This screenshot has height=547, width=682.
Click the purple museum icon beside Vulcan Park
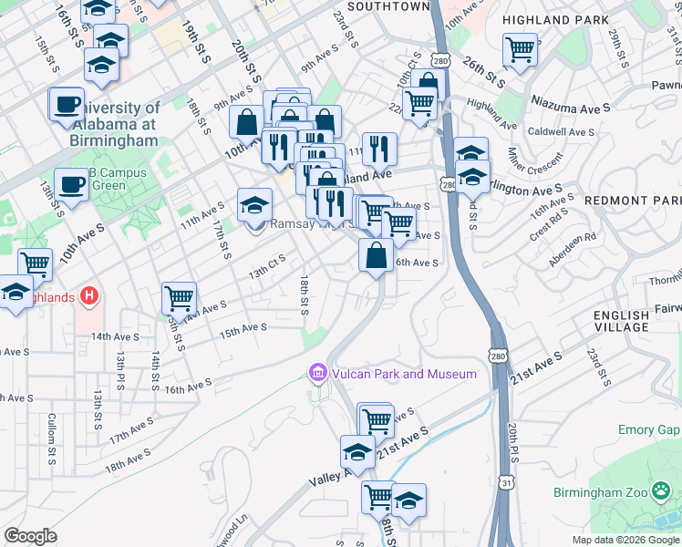[317, 373]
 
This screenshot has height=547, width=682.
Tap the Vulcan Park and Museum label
[402, 374]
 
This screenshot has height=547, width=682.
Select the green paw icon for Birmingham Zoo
[663, 492]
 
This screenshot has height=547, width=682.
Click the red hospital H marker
[88, 296]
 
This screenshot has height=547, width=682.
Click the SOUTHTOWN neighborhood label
[388, 6]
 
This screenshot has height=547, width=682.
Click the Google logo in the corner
[30, 535]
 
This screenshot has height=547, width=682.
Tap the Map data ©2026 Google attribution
[626, 540]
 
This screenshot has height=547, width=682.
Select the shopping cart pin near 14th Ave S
[179, 297]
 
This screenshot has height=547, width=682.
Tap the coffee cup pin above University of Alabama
[67, 104]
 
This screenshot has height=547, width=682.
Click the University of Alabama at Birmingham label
[113, 125]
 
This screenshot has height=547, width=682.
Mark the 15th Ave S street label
[243, 327]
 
